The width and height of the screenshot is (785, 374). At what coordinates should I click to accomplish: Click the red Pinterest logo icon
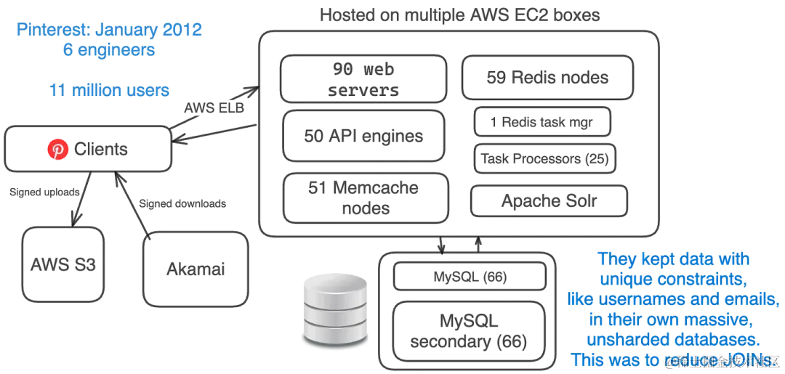coord(57,150)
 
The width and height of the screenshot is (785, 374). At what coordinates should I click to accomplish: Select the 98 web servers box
coord(363,80)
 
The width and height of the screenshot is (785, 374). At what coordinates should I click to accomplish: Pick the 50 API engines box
coord(363,135)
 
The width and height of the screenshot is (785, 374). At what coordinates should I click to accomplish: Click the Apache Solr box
coord(549,201)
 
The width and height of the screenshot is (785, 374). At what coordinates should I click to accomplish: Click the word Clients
coord(101,150)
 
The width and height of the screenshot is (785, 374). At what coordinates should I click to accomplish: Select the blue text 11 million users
coord(109,90)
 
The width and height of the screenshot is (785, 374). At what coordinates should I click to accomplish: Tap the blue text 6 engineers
coord(109,51)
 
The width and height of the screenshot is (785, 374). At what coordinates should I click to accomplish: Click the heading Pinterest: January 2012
coord(109,31)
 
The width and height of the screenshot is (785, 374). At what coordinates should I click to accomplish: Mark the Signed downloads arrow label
coord(182,203)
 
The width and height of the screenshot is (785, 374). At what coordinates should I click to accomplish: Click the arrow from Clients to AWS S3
coord(81,199)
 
